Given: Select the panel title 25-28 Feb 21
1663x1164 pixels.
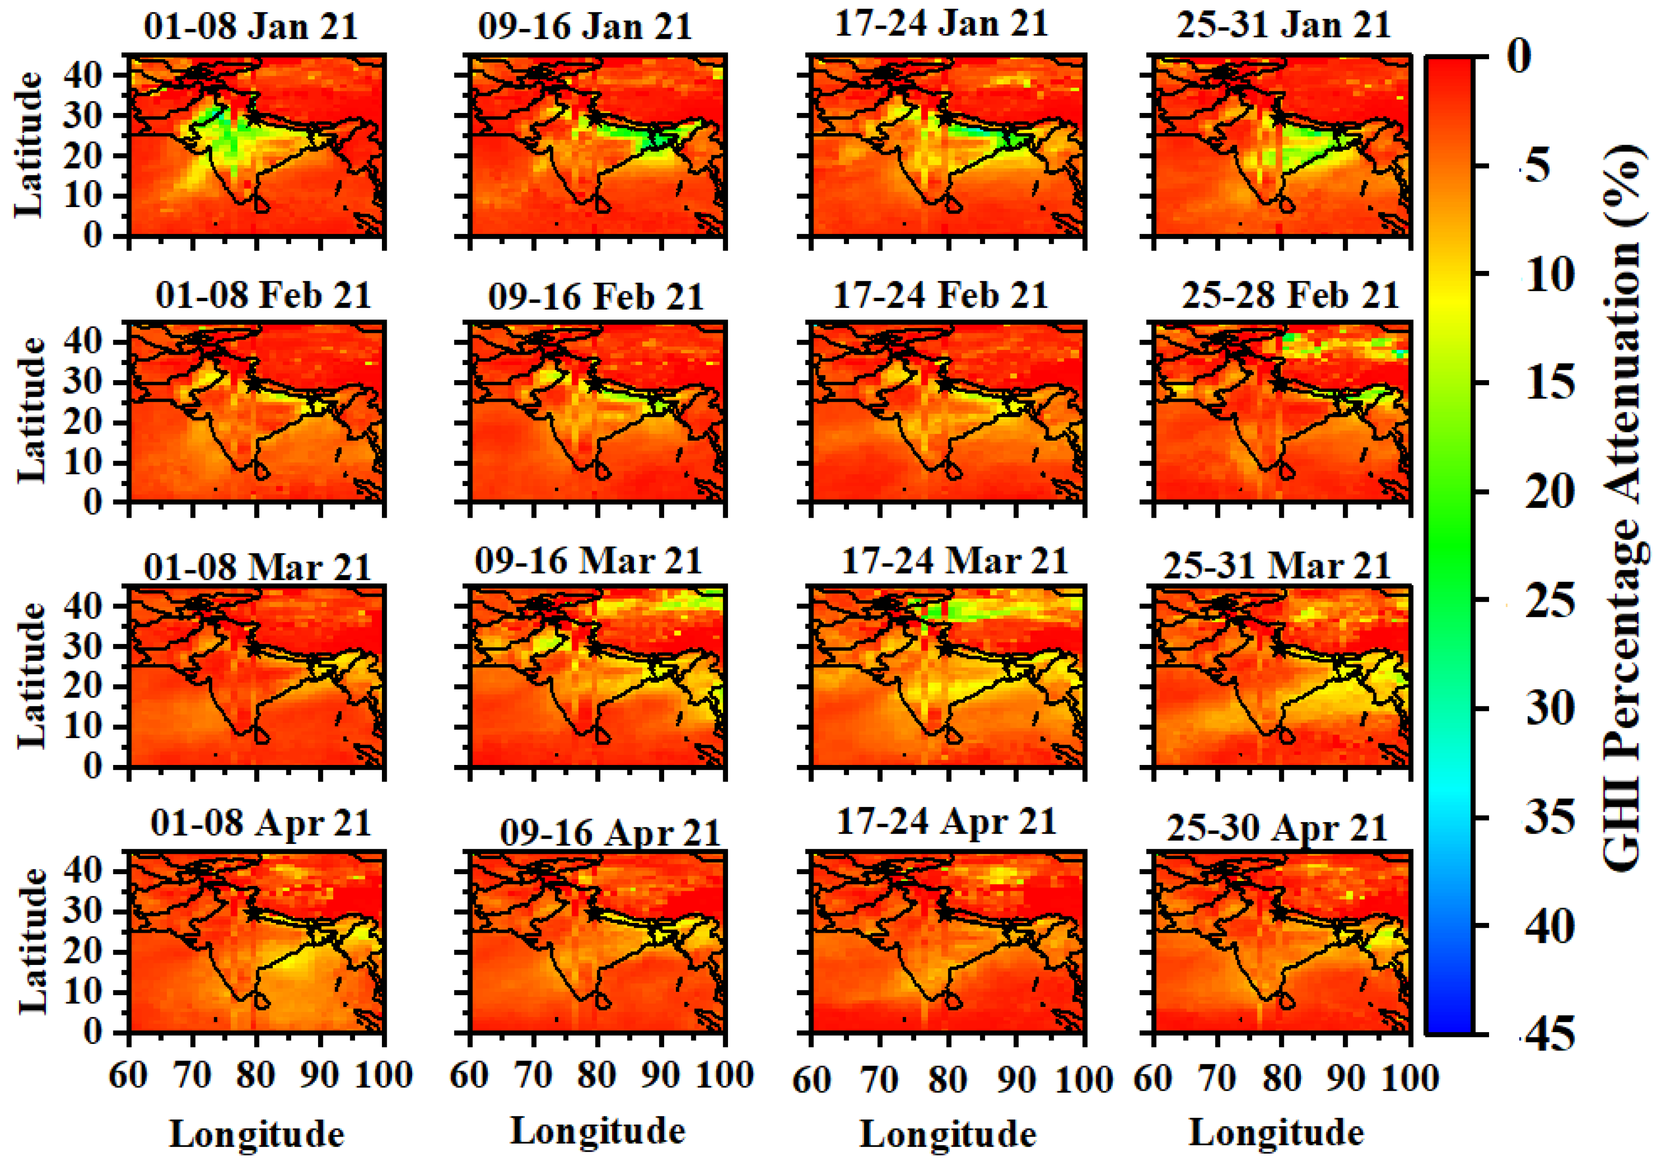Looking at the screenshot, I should [1290, 295].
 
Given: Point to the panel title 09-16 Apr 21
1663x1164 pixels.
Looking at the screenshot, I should [610, 833].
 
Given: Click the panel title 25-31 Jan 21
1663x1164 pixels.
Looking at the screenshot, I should [1283, 26].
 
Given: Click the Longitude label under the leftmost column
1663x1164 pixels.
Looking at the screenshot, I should [256, 1134].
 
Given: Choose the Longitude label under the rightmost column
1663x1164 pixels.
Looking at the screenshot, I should [1276, 1133].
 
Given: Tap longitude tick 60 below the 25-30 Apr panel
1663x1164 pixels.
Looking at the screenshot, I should [1153, 1078].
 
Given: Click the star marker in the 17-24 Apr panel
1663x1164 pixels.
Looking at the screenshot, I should [944, 912].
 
